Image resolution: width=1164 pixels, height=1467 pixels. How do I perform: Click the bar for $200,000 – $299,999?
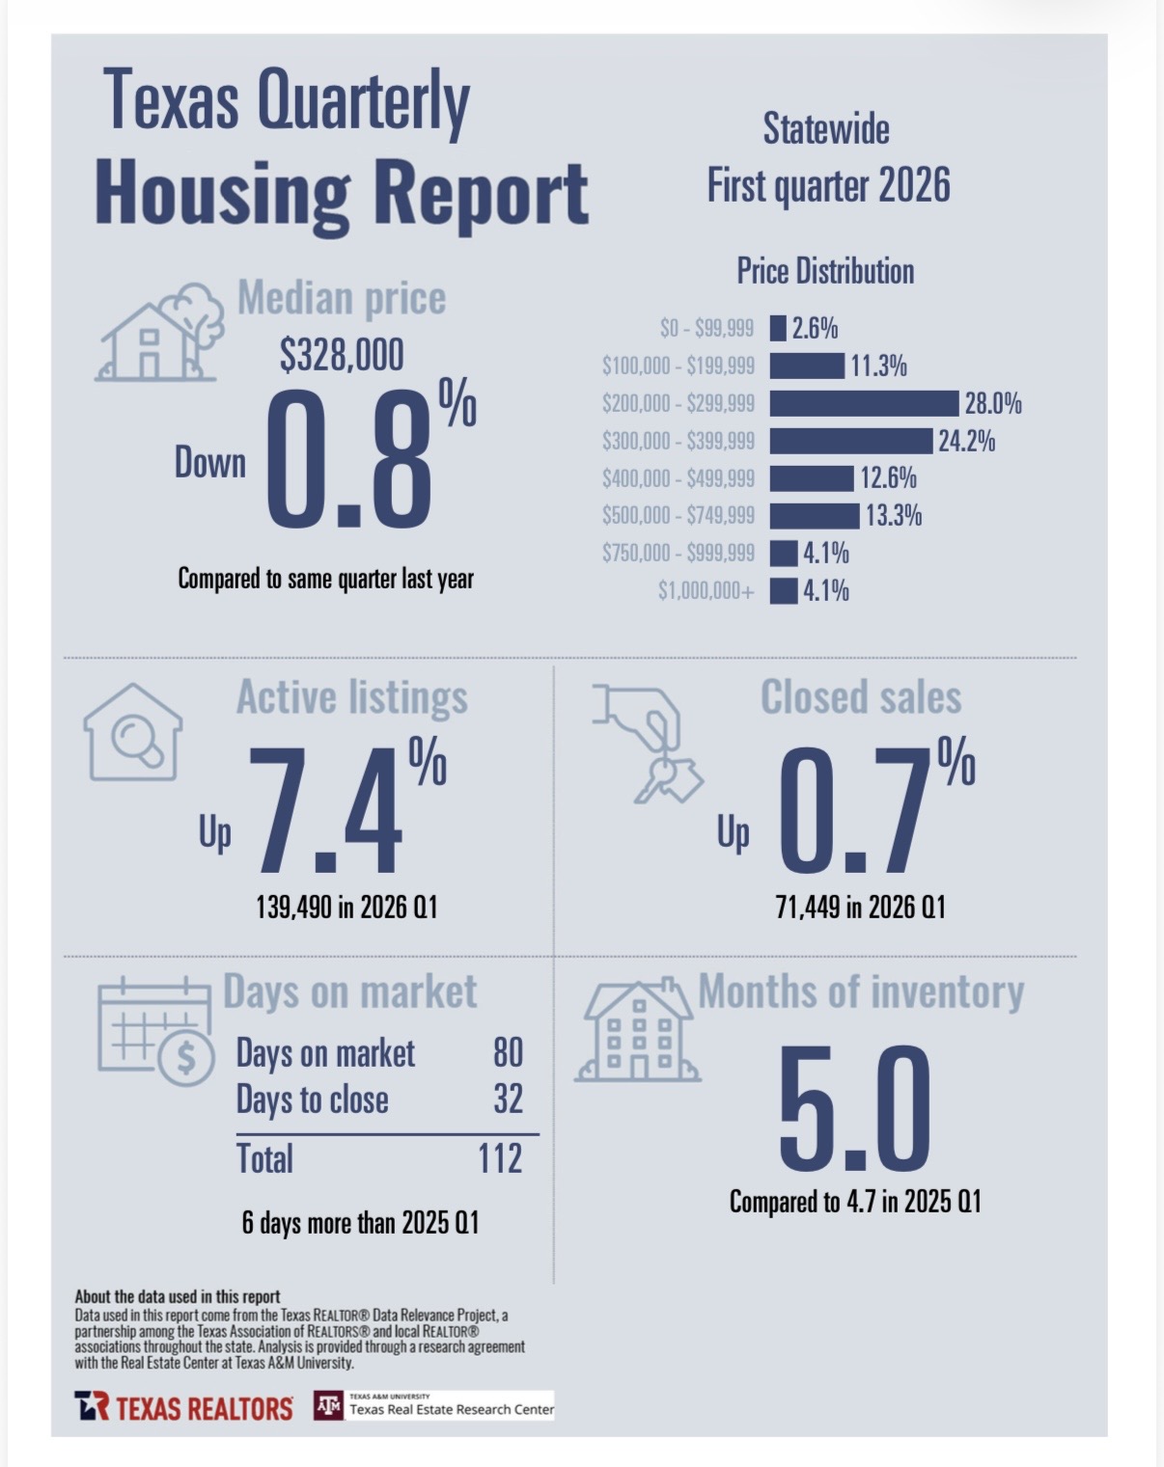(864, 403)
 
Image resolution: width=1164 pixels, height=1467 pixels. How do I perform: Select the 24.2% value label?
(966, 442)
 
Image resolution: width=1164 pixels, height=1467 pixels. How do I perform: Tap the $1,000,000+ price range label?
(706, 591)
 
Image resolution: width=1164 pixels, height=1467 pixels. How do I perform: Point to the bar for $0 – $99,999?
(778, 329)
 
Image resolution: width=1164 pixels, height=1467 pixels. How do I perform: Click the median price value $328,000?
(342, 356)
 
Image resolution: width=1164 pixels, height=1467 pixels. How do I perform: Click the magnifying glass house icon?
(133, 733)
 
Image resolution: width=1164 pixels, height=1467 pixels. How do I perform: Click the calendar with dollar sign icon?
(154, 1031)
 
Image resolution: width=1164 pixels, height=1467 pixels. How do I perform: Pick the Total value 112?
(500, 1158)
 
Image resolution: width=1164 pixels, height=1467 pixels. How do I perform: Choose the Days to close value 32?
(508, 1100)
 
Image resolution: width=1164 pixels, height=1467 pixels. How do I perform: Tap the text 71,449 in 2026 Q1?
(860, 908)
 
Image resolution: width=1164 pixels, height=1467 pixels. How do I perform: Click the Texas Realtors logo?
(183, 1407)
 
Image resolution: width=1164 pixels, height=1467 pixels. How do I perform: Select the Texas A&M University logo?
(329, 1406)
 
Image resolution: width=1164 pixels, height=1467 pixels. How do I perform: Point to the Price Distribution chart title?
(825, 272)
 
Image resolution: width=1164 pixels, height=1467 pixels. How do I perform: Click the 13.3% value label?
(893, 516)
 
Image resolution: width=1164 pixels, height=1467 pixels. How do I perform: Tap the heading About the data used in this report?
(178, 1297)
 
